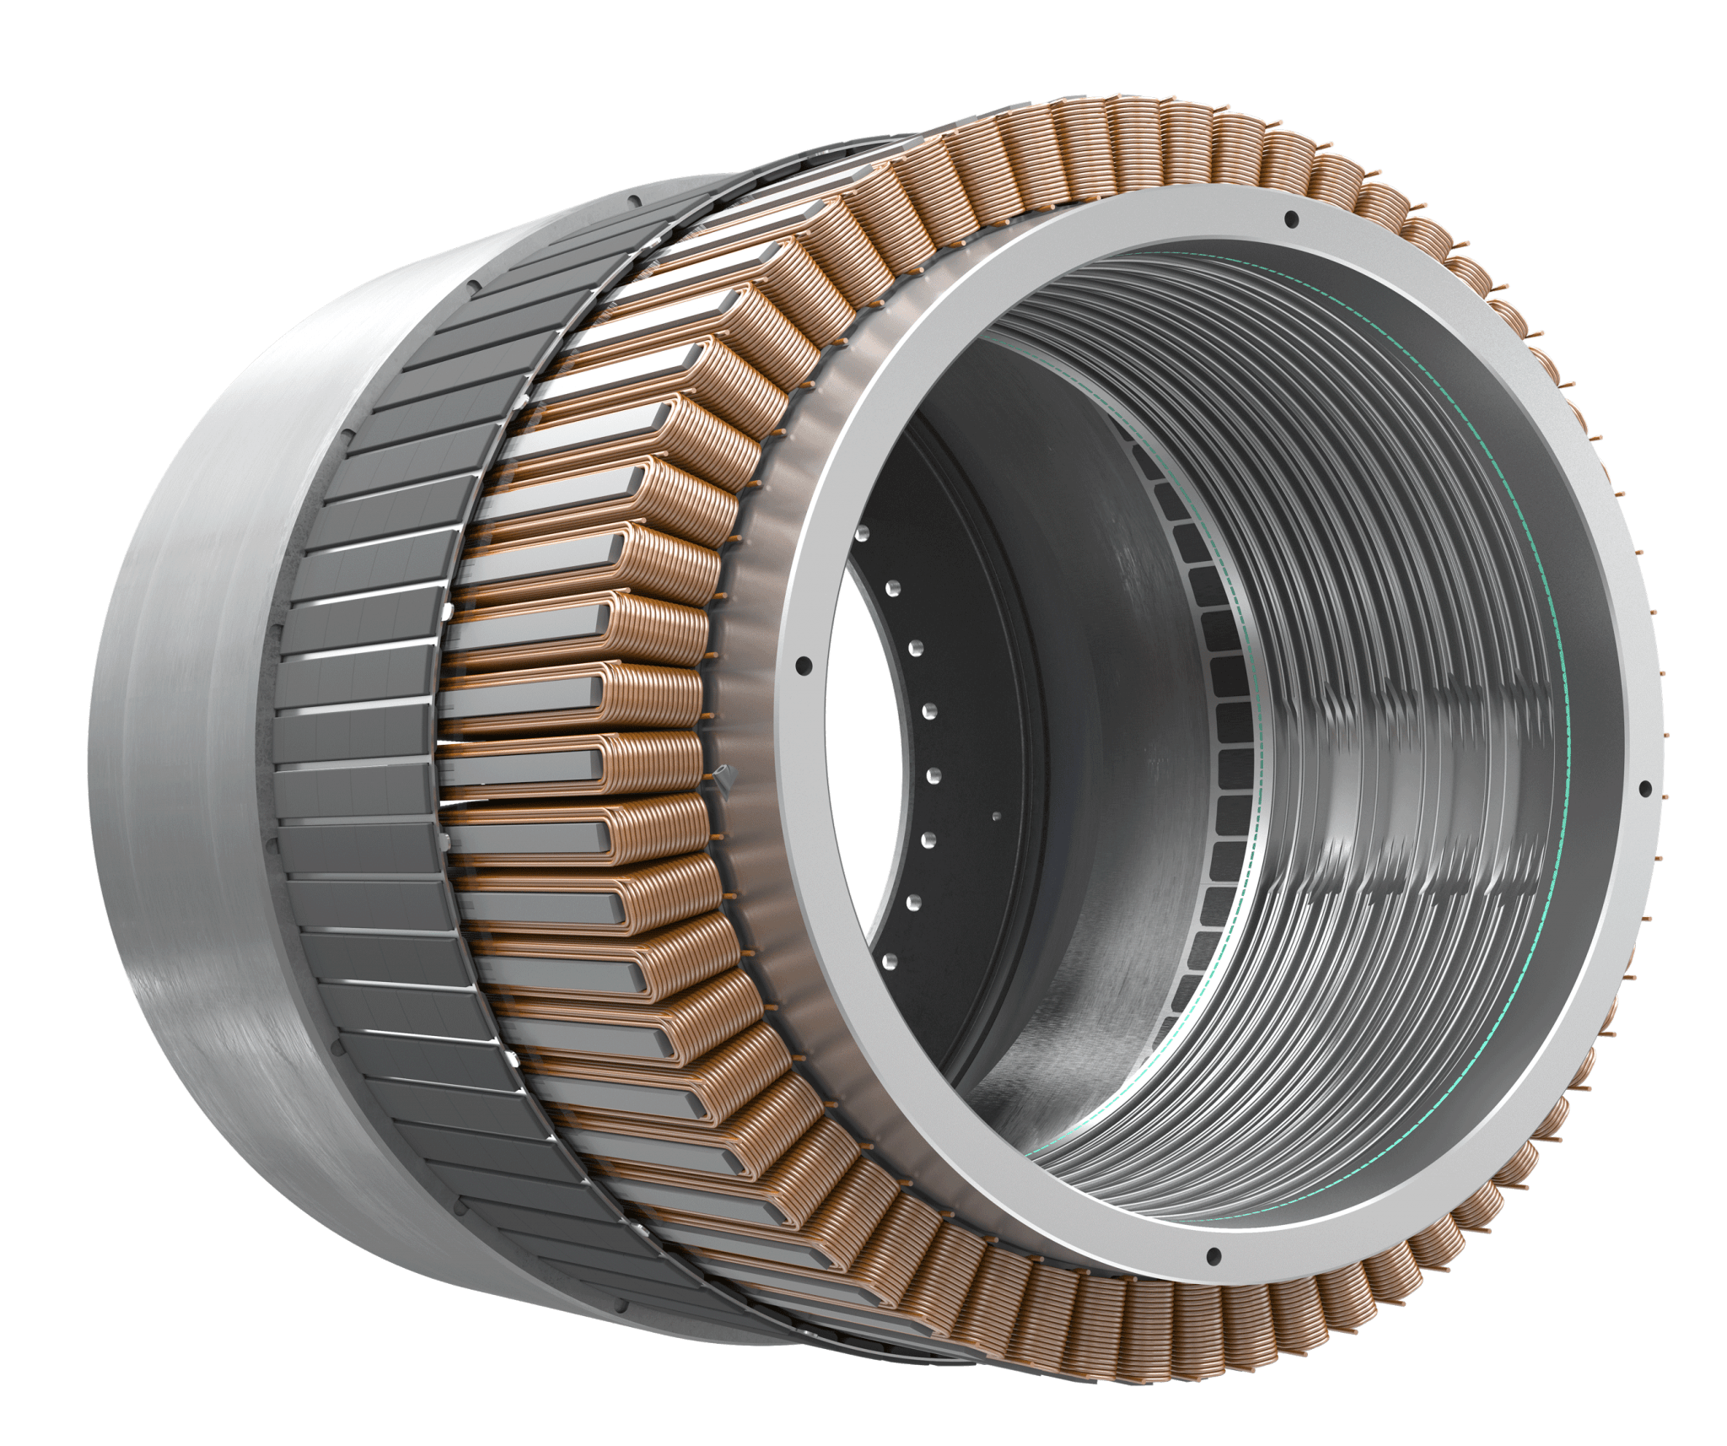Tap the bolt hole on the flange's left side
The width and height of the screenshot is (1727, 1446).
pos(802,664)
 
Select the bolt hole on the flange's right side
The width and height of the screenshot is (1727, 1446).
pos(1644,790)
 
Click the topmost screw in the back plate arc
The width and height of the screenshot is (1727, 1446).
pos(862,534)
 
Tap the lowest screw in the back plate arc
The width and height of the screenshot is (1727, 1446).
pos(887,959)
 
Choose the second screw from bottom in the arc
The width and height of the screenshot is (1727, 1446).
pos(913,902)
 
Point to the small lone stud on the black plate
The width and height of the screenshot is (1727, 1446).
pos(996,816)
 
